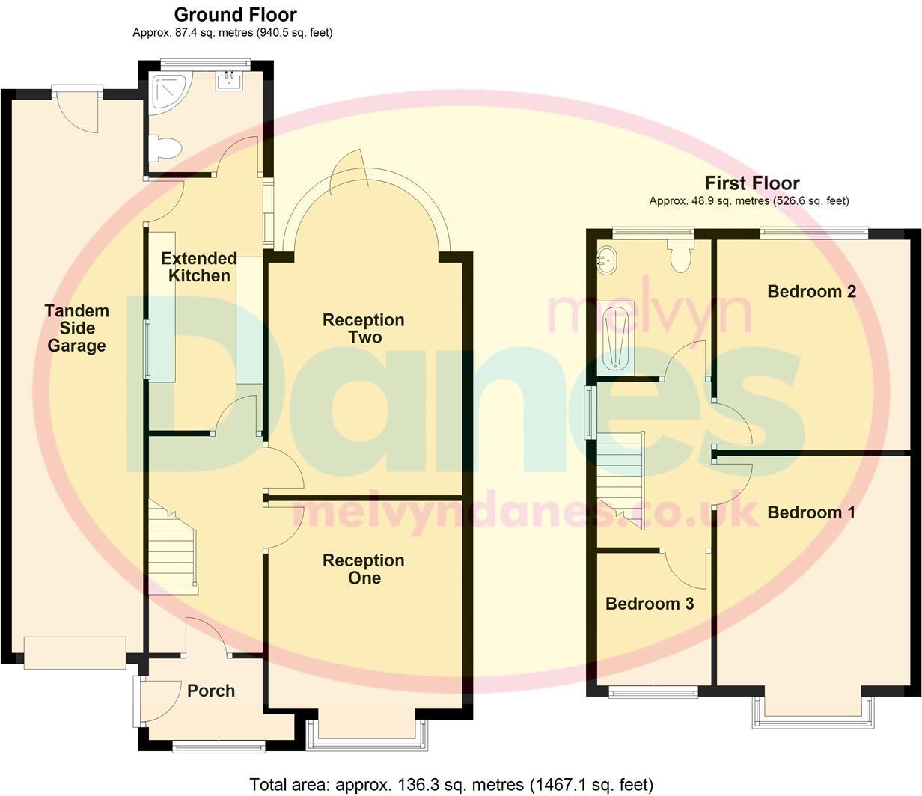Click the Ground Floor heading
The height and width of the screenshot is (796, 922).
coord(235,15)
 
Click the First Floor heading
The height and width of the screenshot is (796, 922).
coord(751,183)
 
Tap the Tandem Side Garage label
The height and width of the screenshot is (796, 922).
coord(76,328)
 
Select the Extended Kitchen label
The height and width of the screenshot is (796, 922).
coord(199,267)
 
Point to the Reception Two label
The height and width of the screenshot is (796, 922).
coord(363,328)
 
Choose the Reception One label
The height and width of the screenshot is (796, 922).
coord(363,569)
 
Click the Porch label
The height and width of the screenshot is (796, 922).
coord(211,691)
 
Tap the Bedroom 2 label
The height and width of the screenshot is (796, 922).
coord(811,291)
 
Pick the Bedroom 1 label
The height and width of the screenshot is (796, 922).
coord(811,512)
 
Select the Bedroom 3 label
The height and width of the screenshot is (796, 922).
coord(650,603)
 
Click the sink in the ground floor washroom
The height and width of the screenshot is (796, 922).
coord(230,81)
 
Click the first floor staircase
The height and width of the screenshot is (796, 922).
coord(620,479)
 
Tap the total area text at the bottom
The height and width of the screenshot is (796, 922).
coord(451,784)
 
